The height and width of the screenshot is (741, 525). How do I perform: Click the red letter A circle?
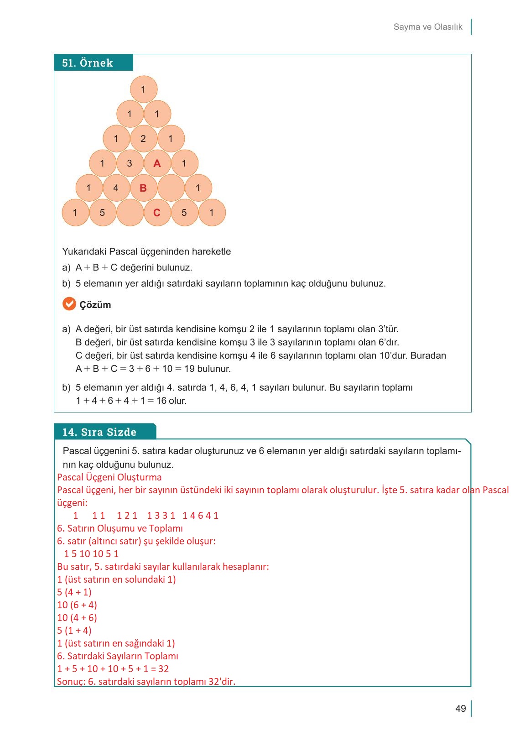pos(157,163)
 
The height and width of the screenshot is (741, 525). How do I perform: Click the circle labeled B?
pos(143,188)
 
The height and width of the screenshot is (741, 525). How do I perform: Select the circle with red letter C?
pos(157,213)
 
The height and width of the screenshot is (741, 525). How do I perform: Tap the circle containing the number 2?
pos(143,139)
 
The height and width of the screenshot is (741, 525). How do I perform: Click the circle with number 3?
pos(130,163)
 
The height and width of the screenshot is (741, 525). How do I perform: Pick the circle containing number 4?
pos(116,188)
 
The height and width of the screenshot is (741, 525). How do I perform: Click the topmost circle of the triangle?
pos(143,89)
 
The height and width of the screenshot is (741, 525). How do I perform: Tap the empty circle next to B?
pos(171,188)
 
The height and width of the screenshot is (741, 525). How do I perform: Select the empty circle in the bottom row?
pos(130,213)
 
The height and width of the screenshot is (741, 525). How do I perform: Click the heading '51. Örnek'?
pos(88,63)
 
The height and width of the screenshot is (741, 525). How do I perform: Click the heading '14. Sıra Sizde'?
pos(99,432)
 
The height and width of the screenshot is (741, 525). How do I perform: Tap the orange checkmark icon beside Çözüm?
pos(69,304)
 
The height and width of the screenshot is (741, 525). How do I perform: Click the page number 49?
pos(460,709)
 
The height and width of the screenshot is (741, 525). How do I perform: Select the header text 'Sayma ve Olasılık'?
pos(427,27)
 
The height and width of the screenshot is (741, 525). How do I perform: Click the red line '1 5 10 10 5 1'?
pos(91,554)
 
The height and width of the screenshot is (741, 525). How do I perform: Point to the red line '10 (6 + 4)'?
pos(77,605)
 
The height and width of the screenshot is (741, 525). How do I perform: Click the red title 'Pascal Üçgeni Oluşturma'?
pos(109,477)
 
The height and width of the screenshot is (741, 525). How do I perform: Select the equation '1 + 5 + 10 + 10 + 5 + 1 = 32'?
pos(113,669)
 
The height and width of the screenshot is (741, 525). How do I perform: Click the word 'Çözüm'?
pos(95,305)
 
